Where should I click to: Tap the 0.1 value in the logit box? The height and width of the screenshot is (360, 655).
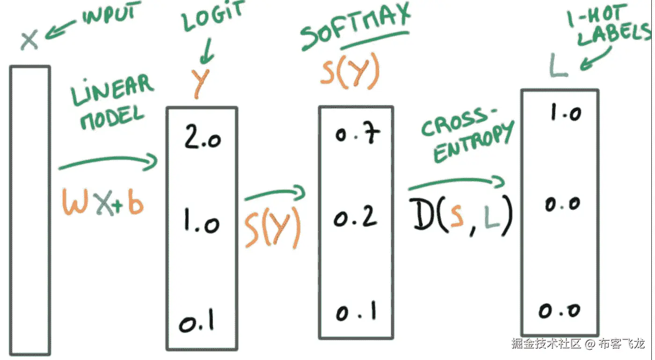(196, 322)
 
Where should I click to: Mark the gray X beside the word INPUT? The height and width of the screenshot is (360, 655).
(29, 40)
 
